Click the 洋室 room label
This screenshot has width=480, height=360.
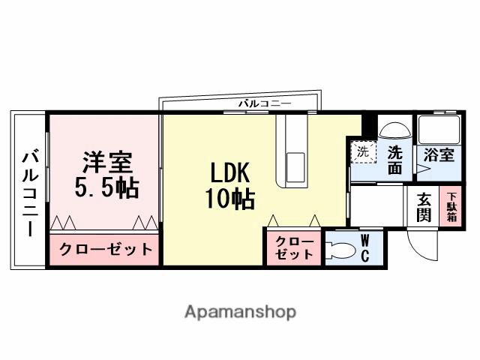[106, 161]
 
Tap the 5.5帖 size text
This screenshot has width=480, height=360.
[106, 187]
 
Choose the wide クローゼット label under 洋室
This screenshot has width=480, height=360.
[105, 249]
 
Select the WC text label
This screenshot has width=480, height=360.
[365, 248]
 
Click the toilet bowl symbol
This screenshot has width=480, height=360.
[341, 250]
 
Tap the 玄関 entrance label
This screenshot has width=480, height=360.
[424, 207]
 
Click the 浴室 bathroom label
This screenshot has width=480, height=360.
[439, 156]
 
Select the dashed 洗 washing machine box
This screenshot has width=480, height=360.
[363, 152]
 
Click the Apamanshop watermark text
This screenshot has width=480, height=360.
[240, 310]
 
